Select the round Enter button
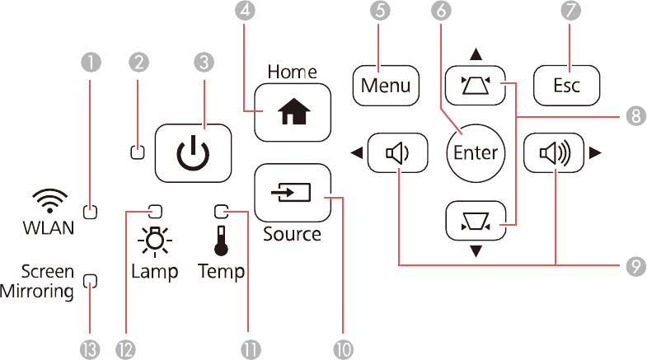[x=476, y=152]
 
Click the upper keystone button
[x=476, y=82]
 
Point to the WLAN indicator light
[x=91, y=211]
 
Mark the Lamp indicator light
[x=154, y=209]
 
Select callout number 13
[x=91, y=348]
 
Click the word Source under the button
[x=292, y=234]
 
